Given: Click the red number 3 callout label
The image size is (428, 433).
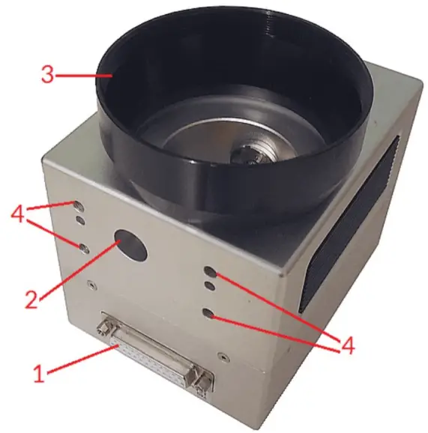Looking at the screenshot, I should pyautogui.click(x=46, y=75).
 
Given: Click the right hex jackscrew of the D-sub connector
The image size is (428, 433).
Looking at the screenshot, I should pyautogui.click(x=200, y=384).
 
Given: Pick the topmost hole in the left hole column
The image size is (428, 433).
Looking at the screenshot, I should pyautogui.click(x=77, y=204).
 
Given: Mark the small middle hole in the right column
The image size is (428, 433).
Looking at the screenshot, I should pyautogui.click(x=211, y=285).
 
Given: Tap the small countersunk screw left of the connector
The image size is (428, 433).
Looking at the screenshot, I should pyautogui.click(x=91, y=284).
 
